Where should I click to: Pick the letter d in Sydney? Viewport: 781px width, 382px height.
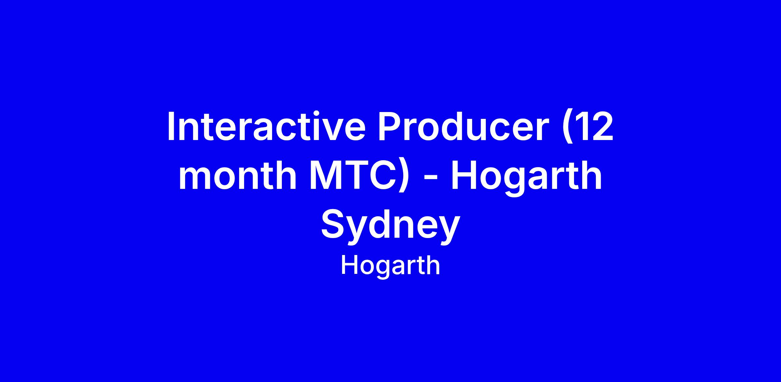pyautogui.click(x=383, y=224)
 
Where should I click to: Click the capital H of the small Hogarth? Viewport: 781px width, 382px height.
pyautogui.click(x=348, y=265)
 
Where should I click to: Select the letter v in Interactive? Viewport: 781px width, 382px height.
pyautogui.click(x=333, y=131)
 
